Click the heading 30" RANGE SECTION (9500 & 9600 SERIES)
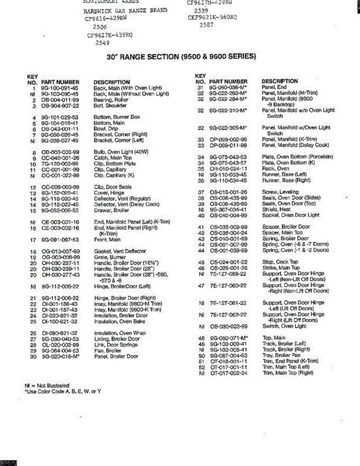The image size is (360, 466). coord(181,57)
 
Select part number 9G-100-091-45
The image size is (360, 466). coord(60,88)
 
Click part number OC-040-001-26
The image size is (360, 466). coord(60,158)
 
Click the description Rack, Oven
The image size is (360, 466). coord(276,169)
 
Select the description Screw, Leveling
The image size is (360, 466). coord(280,192)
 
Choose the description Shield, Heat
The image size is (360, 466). coord(276,209)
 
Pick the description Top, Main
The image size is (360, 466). coord(274,338)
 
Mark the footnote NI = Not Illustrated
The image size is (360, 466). coord(47,386)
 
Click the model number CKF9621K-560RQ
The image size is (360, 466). coord(212,17)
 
